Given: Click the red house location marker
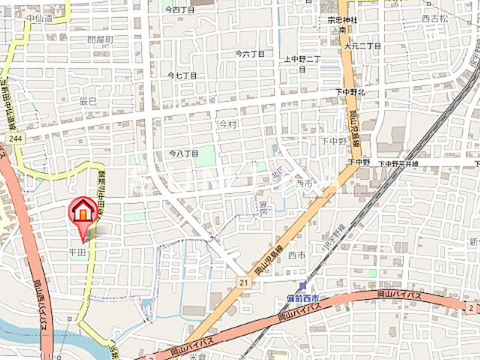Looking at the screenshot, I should click(84, 212).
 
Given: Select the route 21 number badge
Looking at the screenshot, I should click(242, 280).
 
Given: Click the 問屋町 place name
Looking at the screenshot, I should click(99, 39).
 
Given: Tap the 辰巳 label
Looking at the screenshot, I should click(88, 100).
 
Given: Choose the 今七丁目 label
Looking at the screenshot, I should click(182, 76).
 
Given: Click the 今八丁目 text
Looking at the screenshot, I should click(184, 153).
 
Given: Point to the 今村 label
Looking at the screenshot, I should click(226, 124).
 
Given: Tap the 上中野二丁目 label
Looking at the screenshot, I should click(301, 58).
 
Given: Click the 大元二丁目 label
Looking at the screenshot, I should click(362, 46).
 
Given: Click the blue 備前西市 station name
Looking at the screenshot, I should click(302, 298).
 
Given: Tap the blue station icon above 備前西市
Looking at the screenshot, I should click(301, 286).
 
